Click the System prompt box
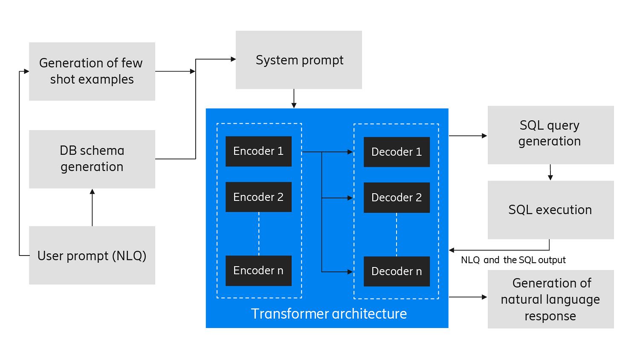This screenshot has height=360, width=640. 298,60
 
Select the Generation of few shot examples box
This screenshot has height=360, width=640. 92,71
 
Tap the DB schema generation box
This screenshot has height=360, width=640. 92,159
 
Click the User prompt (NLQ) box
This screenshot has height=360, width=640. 92,255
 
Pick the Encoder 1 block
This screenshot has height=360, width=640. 258,151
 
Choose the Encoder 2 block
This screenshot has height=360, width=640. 258,197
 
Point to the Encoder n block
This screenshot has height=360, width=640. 258,270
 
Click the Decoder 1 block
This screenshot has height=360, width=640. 397,152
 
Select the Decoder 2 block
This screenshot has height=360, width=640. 397,197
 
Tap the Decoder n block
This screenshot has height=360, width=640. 397,271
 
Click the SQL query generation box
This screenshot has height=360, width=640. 550,135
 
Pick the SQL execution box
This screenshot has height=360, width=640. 550,210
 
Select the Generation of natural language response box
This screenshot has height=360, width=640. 550,299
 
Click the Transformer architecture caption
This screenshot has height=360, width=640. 329,314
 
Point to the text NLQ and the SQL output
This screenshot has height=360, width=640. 513,260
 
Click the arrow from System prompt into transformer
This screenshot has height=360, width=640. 294,99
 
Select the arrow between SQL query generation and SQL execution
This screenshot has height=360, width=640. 550,172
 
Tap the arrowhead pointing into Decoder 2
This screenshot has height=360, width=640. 350,198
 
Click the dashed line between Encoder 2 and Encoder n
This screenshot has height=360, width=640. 259,234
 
